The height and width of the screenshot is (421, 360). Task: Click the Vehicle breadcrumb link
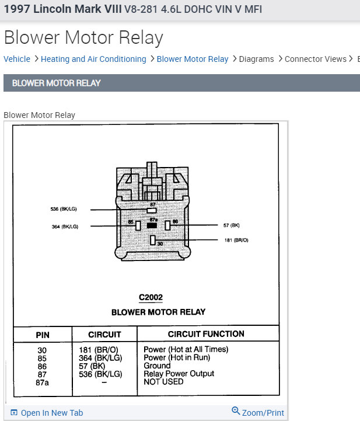17,59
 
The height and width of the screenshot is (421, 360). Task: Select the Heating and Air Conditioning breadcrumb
93,59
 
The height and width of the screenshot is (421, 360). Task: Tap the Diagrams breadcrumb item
256,59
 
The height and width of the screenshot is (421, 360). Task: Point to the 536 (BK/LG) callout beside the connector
64,209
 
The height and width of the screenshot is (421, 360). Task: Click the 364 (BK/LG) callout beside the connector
66,226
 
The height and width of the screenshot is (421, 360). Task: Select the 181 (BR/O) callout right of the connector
236,240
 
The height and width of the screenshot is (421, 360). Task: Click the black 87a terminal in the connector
152,225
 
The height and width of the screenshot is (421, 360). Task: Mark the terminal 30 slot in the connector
152,239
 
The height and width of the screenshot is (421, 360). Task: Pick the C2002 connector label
151,298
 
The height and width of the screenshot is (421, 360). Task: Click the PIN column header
43,335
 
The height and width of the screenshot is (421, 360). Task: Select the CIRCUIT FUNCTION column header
206,334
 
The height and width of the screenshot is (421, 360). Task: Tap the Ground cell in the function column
157,366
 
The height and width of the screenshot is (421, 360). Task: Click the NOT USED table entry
163,382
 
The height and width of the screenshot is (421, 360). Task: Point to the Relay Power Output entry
179,374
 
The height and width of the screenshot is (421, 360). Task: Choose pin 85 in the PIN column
43,357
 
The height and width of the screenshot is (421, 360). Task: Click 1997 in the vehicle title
17,10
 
